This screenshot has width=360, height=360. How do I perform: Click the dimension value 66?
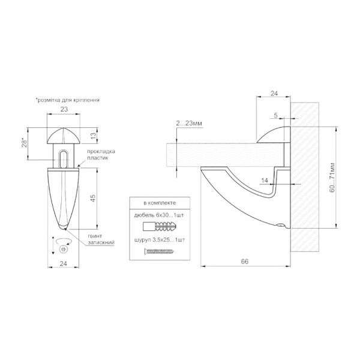point(245,262)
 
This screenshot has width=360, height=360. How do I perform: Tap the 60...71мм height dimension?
point(332,178)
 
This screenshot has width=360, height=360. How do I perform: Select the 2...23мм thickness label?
point(189,123)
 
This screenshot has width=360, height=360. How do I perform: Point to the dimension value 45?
point(93,198)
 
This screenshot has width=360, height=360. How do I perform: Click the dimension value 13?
point(93,136)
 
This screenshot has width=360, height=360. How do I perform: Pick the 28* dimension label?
point(24,142)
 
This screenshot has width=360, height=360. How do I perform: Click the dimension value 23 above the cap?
point(64,109)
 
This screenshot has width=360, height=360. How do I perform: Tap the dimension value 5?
point(276,115)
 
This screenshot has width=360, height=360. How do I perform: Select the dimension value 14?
point(265,181)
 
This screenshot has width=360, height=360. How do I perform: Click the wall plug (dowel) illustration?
point(160,226)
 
